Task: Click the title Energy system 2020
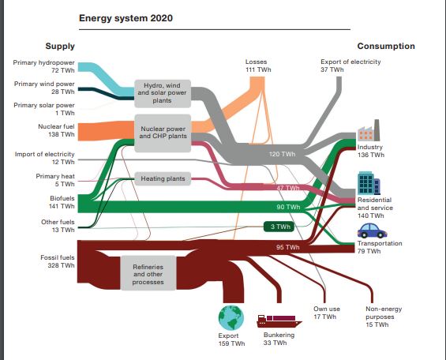pyautogui.click(x=126, y=18)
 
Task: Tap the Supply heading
pyautogui.click(x=60, y=46)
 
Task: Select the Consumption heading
pyautogui.click(x=386, y=46)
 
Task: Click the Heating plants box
pyautogui.click(x=163, y=179)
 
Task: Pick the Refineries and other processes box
pyautogui.click(x=148, y=273)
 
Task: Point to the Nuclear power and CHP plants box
pyautogui.click(x=163, y=133)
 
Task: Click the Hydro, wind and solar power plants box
pyautogui.click(x=163, y=94)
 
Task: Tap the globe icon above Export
pyautogui.click(x=231, y=318)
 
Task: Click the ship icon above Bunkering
pyautogui.click(x=279, y=321)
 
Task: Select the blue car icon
pyautogui.click(x=372, y=231)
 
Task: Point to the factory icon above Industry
pyautogui.click(x=369, y=130)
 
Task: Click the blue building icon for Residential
pyautogui.click(x=369, y=183)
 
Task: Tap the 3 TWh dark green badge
pyautogui.click(x=279, y=227)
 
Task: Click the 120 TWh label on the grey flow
pyautogui.click(x=282, y=154)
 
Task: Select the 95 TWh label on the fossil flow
pyautogui.click(x=288, y=247)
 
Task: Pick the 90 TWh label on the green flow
pyautogui.click(x=288, y=207)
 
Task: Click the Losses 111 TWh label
pyautogui.click(x=258, y=66)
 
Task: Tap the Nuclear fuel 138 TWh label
pyautogui.click(x=56, y=130)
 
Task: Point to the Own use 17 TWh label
pyautogui.click(x=326, y=313)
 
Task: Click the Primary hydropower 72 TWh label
pyautogui.click(x=43, y=66)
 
